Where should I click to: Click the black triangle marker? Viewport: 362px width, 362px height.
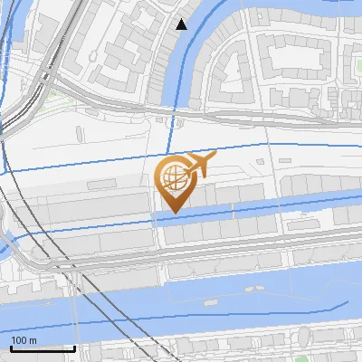pyautogui.click(x=182, y=24)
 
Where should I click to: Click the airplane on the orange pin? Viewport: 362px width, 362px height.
pyautogui.click(x=200, y=164)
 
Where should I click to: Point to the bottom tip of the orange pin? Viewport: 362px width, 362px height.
pyautogui.click(x=173, y=211)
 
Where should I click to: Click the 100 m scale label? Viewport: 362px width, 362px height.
pyautogui.click(x=24, y=339)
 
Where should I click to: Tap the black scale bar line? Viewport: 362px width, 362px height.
pyautogui.click(x=43, y=348)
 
